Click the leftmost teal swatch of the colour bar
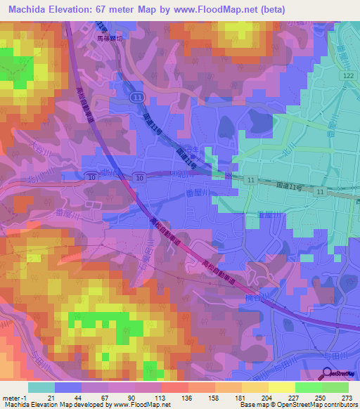pyautogui.click(x=41, y=387)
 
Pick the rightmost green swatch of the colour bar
pyautogui.click(x=335, y=387)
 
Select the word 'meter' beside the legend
pyautogui.click(x=10, y=398)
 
